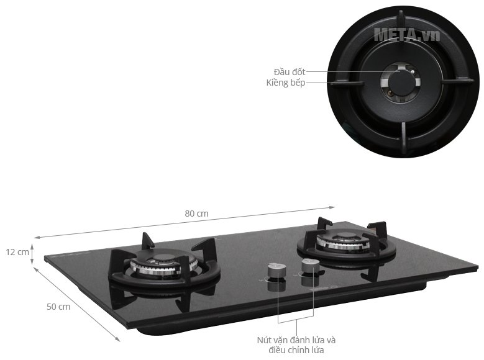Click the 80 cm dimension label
196,214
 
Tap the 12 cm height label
17,252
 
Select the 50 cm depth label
58,307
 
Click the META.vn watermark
407,35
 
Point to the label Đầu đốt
290,72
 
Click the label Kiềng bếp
286,83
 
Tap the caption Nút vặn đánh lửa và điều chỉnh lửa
296,345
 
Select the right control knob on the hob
311,267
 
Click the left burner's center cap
163,259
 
